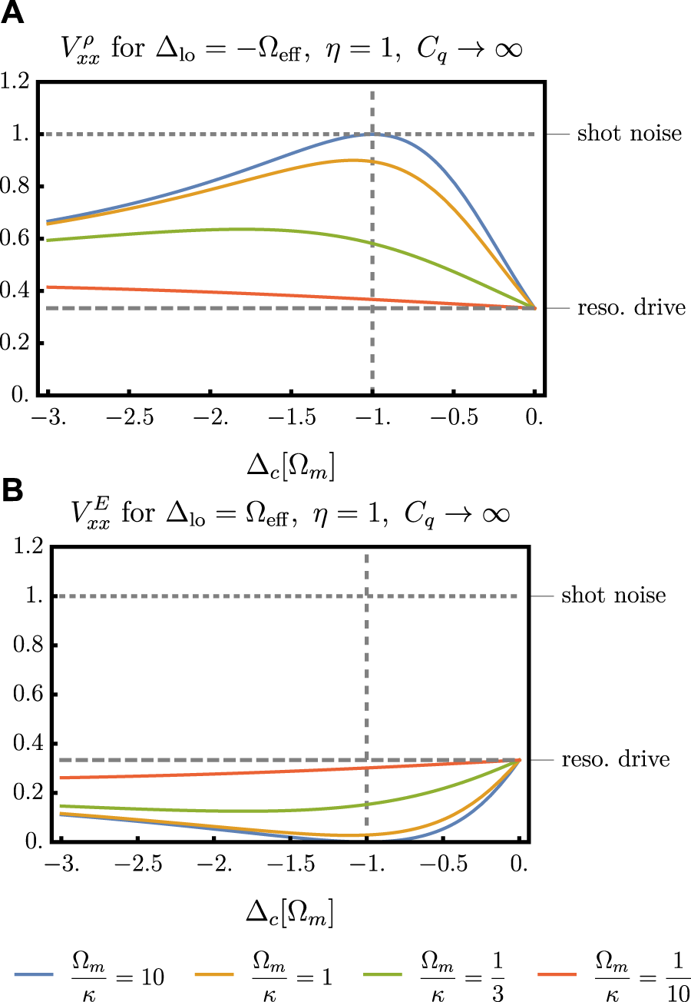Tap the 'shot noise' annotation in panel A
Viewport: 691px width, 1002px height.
(629, 134)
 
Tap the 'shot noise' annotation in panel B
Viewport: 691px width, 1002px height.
(613, 596)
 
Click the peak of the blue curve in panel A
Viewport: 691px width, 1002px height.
(372, 134)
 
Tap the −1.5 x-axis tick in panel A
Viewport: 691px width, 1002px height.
(291, 420)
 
